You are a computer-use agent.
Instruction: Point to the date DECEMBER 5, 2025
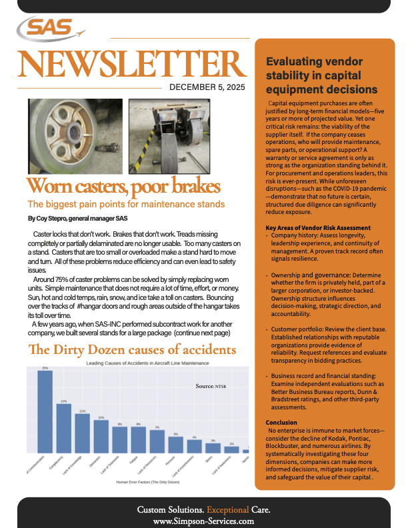[x=207, y=87]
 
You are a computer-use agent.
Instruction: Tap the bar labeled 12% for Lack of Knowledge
[x=82, y=433]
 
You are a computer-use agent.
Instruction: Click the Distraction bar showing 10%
[x=101, y=436]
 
